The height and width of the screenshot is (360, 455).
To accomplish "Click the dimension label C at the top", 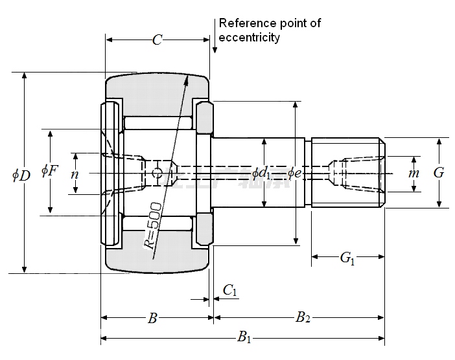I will (x=157, y=40).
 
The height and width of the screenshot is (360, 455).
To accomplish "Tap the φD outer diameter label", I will (x=21, y=175).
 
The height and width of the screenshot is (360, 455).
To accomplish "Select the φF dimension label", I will (x=49, y=171).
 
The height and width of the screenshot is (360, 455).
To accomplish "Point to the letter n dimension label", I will (x=75, y=174).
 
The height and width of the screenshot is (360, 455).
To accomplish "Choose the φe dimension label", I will (x=294, y=173).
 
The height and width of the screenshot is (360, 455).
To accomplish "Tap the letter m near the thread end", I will (x=414, y=174).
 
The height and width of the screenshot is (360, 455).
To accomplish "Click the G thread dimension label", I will (x=439, y=173).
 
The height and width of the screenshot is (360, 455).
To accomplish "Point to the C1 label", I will (x=230, y=291).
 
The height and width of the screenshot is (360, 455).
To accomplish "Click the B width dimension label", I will (x=152, y=318).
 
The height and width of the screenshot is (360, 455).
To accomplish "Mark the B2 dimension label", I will (x=303, y=317).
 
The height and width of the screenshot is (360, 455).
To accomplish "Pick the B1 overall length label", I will (x=244, y=336).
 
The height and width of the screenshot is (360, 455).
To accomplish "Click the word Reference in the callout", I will (x=245, y=23).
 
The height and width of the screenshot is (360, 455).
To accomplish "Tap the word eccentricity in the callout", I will (x=250, y=38).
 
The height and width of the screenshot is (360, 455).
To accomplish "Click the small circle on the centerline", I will (x=156, y=173).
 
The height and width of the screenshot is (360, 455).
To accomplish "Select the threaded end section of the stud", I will (x=347, y=172).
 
